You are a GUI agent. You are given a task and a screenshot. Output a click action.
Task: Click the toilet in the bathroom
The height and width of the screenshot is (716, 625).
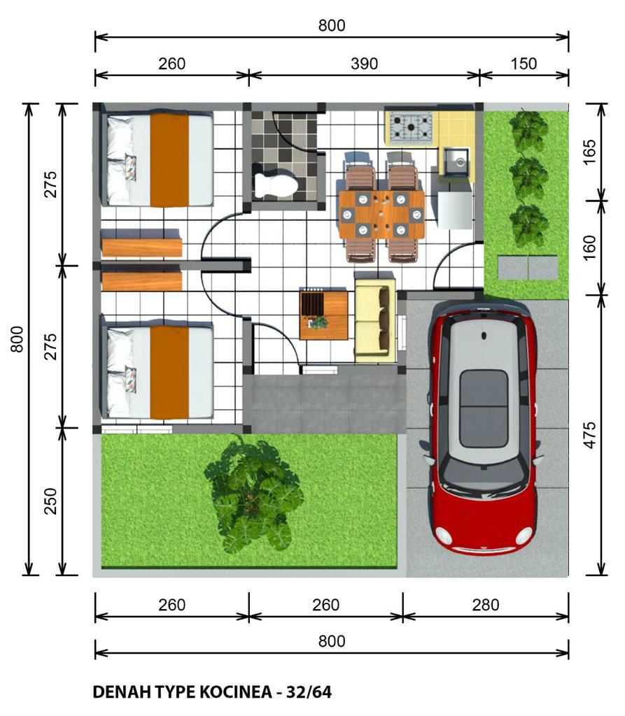coord(276,184)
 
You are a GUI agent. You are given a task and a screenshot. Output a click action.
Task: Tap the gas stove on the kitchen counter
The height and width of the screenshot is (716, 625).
coord(411,126)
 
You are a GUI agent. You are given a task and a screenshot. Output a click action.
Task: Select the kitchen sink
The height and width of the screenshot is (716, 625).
coord(455,162)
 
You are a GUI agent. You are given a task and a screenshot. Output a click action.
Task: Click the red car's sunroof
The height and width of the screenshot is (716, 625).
coord(483,408)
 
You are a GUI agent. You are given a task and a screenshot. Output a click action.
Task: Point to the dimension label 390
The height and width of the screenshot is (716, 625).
coord(365,64)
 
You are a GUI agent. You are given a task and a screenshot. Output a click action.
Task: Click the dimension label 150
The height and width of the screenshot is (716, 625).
coord(524,64)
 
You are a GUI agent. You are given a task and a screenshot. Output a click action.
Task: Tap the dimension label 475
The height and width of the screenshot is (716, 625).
coord(590,435)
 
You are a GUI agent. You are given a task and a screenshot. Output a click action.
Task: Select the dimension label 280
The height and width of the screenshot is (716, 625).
coord(486,605)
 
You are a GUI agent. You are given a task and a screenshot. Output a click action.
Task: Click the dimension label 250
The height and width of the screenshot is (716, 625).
coord(51,501)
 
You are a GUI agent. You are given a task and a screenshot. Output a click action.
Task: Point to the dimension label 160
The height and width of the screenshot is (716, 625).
coord(590,248)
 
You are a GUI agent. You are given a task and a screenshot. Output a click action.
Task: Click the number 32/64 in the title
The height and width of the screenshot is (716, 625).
coord(309,692)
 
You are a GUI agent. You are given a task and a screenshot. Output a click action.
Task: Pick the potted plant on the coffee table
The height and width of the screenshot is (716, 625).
coord(318,322)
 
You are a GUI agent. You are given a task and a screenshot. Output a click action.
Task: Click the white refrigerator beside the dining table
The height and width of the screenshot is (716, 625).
coord(454,210)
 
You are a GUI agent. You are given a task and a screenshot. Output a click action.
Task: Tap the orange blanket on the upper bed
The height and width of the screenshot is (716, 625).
coord(169,159)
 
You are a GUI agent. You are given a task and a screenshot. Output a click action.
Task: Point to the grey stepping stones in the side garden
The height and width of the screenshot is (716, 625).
coord(528,267)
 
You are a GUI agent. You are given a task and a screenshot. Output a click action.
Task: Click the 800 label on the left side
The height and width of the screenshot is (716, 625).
coord(17,339)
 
